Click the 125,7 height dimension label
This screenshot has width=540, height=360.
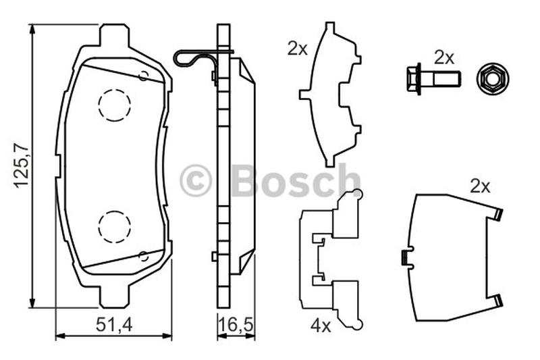coord(22,165)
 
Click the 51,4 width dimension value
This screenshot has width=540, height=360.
coord(114,324)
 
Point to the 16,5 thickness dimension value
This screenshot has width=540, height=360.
coord(237,324)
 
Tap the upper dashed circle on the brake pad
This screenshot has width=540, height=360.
coord(114,105)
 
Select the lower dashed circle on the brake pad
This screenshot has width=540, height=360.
coord(114,227)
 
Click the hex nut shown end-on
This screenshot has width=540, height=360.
coord(493,78)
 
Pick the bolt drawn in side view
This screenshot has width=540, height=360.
coord(433,78)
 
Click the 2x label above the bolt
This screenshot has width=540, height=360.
coord(444,57)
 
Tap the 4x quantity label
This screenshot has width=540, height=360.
coord(321,326)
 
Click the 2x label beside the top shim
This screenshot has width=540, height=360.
coord(297,49)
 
